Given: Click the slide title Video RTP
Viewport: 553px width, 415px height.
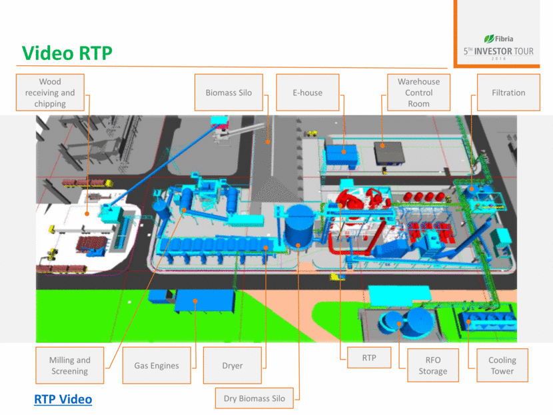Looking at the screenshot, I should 67,53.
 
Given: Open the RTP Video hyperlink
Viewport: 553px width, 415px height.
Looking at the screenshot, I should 63,399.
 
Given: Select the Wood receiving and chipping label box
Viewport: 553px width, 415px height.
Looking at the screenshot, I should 50,93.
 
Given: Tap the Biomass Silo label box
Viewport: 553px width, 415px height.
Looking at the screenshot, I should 229,93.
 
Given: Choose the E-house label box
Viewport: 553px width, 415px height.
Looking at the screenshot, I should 307,93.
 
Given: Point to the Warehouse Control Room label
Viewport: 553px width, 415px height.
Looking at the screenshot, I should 418,93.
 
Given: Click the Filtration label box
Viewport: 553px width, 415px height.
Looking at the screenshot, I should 508,93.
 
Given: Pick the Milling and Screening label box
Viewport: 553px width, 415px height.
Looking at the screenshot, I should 69,365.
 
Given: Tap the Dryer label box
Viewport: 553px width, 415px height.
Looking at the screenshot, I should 233,365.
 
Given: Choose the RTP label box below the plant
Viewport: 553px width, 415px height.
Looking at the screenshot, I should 369,358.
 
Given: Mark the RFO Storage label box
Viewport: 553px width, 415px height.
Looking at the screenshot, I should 432,365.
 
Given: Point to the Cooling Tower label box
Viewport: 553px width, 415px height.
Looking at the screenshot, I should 502,365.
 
